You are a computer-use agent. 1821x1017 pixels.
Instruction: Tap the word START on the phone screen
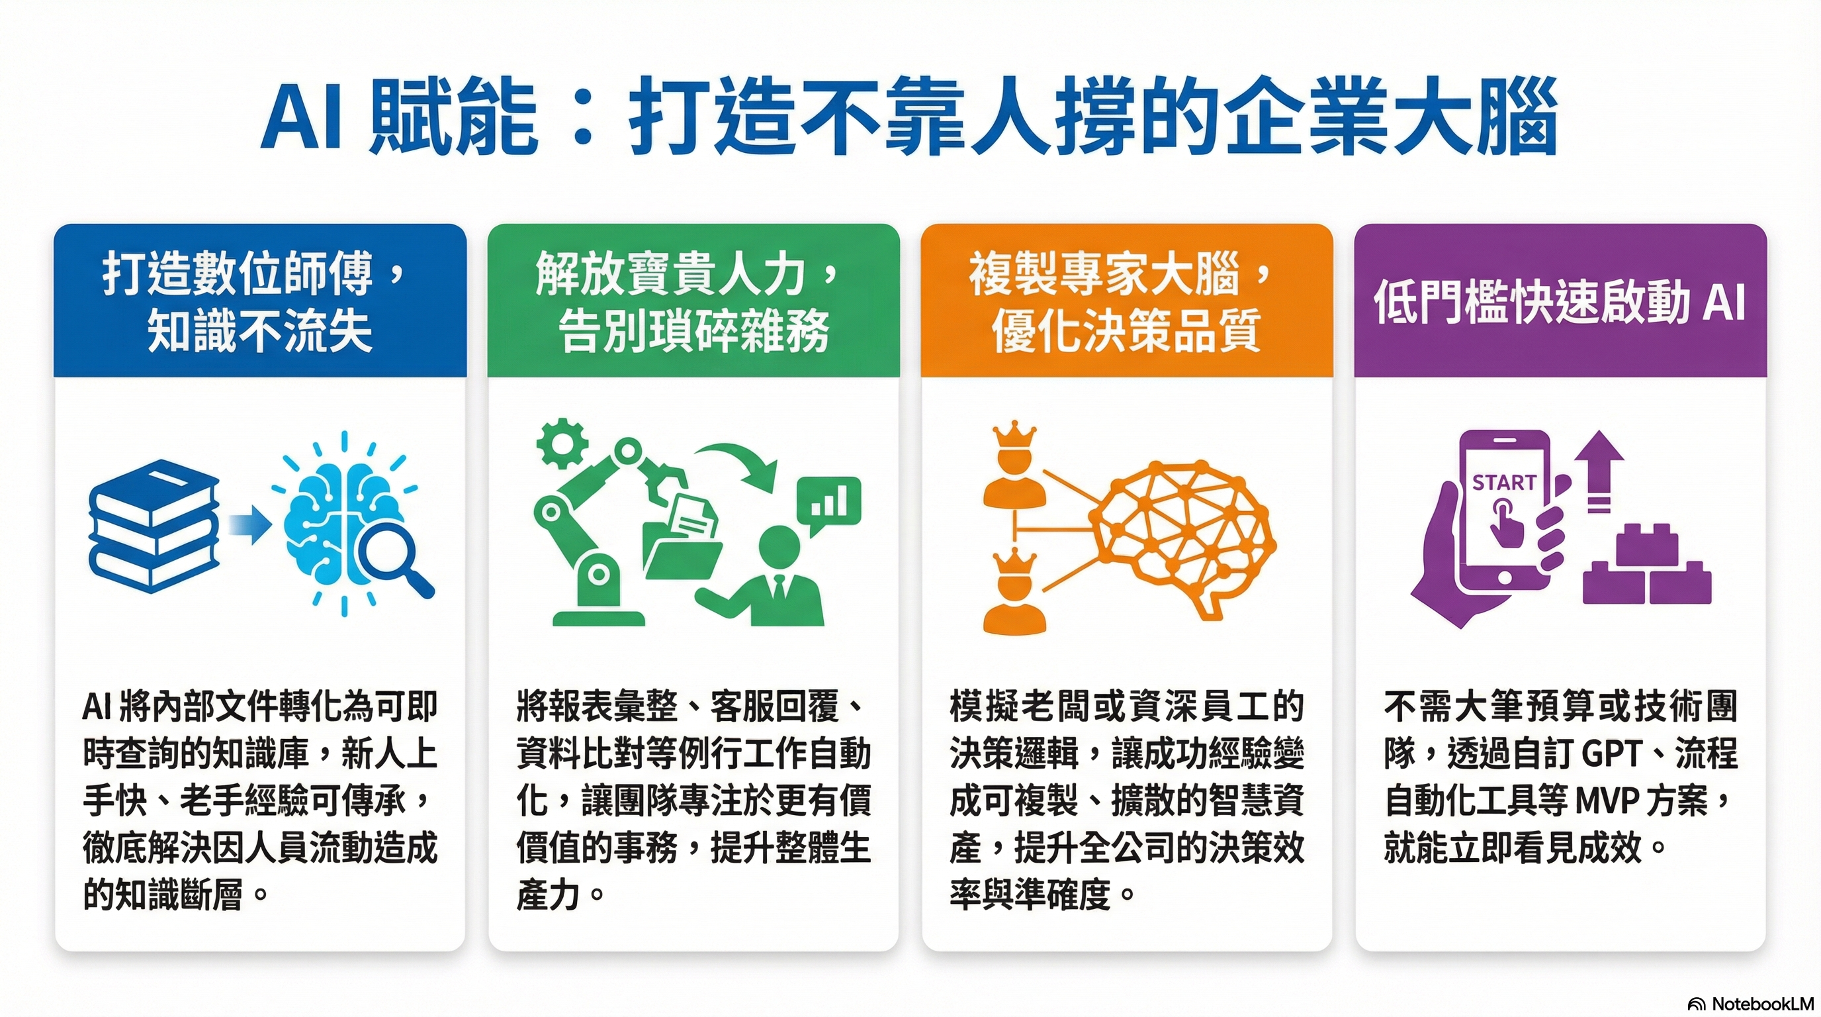pyautogui.click(x=1503, y=482)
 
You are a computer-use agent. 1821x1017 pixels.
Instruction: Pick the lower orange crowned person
pyautogui.click(x=1014, y=593)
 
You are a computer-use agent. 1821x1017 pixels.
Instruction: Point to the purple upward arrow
pyautogui.click(x=1600, y=471)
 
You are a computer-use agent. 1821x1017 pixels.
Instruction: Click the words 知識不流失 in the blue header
pyautogui.click(x=259, y=331)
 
